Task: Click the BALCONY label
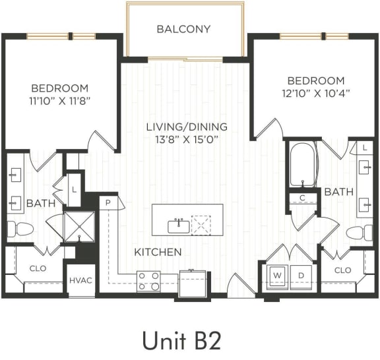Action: click(x=183, y=29)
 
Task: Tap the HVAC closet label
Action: click(x=80, y=280)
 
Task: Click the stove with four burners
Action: click(x=148, y=281)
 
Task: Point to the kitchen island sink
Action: click(x=178, y=226)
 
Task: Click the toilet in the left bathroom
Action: click(x=20, y=229)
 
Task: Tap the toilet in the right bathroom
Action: click(x=360, y=233)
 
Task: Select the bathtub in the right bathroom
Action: click(x=303, y=164)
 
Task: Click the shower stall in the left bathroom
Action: click(x=79, y=227)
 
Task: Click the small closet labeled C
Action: click(x=302, y=197)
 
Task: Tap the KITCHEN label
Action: click(x=158, y=252)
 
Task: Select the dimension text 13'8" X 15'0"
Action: click(x=187, y=139)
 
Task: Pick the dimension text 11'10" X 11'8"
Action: click(x=59, y=100)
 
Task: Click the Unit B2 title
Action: click(x=181, y=340)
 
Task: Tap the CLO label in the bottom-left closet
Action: click(x=38, y=268)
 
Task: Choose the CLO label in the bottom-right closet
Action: click(x=342, y=270)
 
